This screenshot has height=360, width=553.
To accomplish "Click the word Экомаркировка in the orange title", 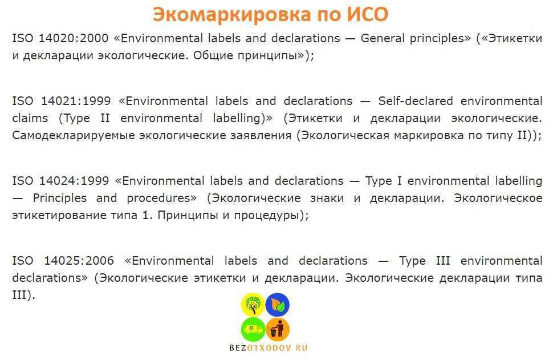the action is pyautogui.click(x=231, y=15).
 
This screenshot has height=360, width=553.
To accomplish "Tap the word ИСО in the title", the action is pyautogui.click(x=367, y=14).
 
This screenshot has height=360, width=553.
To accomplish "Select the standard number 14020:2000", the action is pyautogui.click(x=73, y=38).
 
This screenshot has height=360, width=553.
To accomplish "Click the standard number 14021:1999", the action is pyautogui.click(x=76, y=101).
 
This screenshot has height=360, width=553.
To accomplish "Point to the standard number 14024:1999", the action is pyautogui.click(x=74, y=181).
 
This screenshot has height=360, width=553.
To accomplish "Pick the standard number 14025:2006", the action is pyautogui.click(x=79, y=261).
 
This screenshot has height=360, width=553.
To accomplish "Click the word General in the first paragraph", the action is pyautogui.click(x=383, y=38).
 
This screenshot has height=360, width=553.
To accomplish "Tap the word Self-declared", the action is pyautogui.click(x=416, y=101).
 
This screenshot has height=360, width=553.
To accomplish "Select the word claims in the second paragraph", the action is pyautogui.click(x=30, y=118).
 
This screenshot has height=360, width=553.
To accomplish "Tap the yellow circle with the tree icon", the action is pyautogui.click(x=253, y=305).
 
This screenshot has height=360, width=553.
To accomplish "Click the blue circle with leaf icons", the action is pyautogui.click(x=277, y=305).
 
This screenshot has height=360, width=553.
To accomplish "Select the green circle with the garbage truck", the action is pyautogui.click(x=253, y=329).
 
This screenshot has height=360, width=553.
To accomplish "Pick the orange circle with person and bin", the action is pyautogui.click(x=278, y=329).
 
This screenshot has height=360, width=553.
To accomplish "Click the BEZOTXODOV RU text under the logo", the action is pyautogui.click(x=268, y=348).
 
